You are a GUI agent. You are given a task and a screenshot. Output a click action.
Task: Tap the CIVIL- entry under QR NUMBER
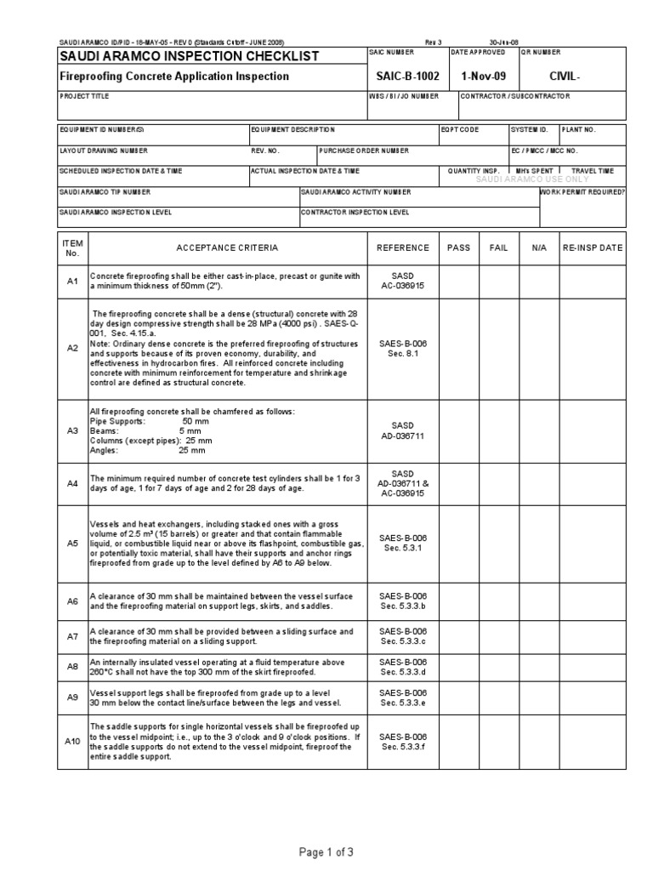click(x=565, y=76)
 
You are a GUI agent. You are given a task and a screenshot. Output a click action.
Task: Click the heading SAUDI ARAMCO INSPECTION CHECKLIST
click(x=189, y=56)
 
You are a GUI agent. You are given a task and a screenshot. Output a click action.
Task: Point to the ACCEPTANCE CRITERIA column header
click(x=226, y=248)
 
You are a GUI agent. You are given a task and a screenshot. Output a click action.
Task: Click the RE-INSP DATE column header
click(x=593, y=248)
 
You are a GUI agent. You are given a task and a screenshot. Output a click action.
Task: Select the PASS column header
click(x=458, y=248)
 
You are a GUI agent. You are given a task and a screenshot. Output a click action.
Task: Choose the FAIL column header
click(x=498, y=248)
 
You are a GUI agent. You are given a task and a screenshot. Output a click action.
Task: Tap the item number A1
click(x=72, y=281)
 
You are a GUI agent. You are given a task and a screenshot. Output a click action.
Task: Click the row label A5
click(x=72, y=542)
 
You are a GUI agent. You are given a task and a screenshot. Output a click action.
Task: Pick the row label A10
click(x=72, y=741)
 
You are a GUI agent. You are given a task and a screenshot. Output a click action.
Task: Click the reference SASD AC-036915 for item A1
click(x=402, y=282)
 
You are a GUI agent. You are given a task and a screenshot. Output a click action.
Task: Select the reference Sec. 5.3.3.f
click(x=403, y=746)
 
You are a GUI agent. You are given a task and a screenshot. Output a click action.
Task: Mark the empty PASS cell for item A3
click(x=458, y=431)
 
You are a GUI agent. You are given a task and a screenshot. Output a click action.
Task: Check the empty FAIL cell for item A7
click(x=498, y=636)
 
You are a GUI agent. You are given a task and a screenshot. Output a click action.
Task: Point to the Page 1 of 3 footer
click(x=326, y=851)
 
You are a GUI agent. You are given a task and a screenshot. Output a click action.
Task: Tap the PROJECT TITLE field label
click(x=84, y=97)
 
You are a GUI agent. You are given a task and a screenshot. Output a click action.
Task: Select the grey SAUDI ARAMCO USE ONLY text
click(x=532, y=179)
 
